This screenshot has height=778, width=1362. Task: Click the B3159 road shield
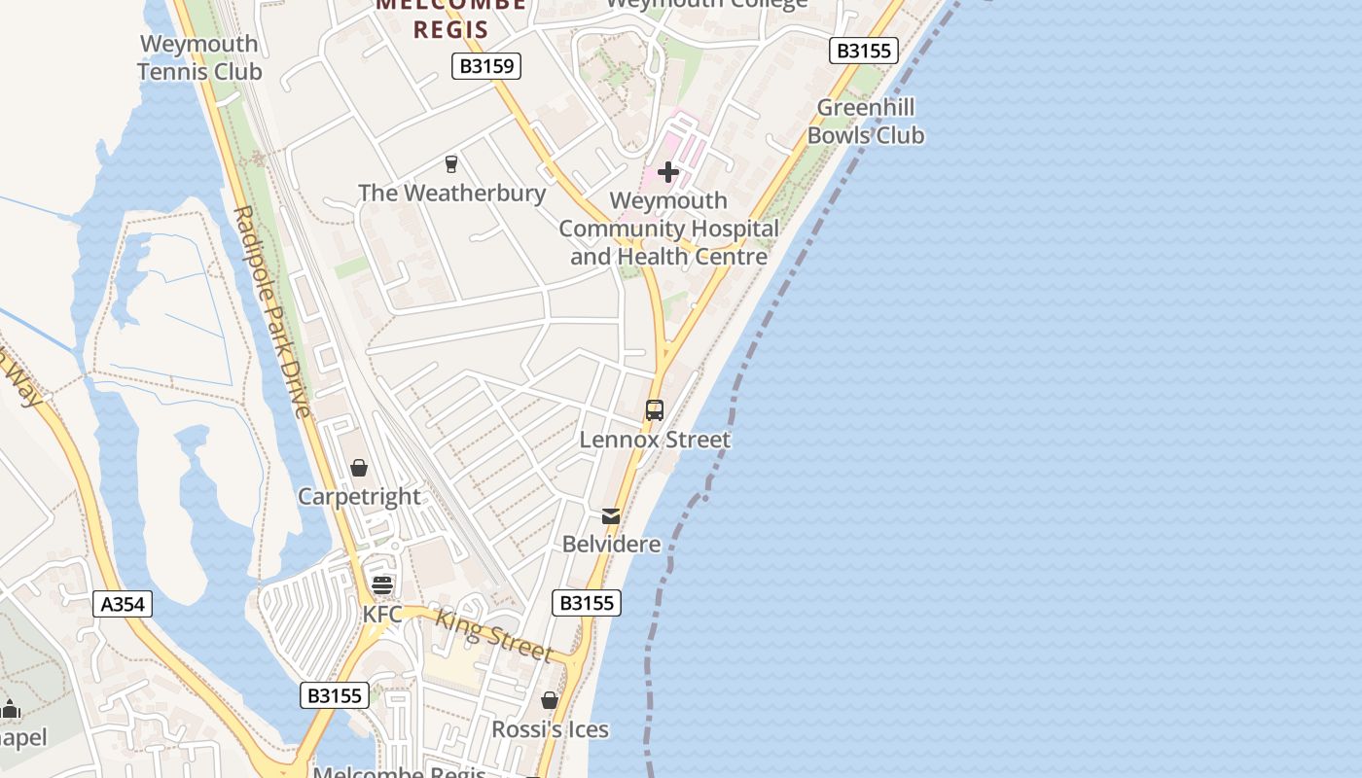click(x=486, y=66)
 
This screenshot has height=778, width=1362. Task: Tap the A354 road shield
click(x=124, y=604)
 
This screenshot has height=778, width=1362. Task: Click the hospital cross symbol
click(x=668, y=172)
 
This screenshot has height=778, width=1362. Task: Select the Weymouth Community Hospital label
click(x=668, y=229)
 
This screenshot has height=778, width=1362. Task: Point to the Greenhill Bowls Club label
click(x=865, y=122)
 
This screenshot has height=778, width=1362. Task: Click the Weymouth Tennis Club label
click(x=199, y=57)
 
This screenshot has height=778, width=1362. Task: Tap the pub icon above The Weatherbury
click(x=451, y=164)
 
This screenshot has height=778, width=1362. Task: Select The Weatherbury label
click(x=451, y=193)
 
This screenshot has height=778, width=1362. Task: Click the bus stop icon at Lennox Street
click(x=655, y=410)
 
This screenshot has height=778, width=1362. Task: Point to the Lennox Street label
click(x=655, y=440)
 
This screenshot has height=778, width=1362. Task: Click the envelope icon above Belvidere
click(x=611, y=515)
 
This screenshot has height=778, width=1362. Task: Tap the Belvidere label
click(x=611, y=544)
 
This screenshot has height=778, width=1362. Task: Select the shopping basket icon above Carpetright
click(x=359, y=469)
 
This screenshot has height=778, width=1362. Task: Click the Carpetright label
click(x=359, y=497)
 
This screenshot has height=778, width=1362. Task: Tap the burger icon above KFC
click(x=382, y=584)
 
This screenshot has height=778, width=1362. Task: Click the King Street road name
click(x=494, y=634)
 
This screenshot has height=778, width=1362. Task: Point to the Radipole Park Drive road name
click(x=271, y=311)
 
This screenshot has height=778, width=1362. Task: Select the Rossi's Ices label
click(x=550, y=729)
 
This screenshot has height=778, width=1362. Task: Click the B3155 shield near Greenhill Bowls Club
click(x=863, y=51)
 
